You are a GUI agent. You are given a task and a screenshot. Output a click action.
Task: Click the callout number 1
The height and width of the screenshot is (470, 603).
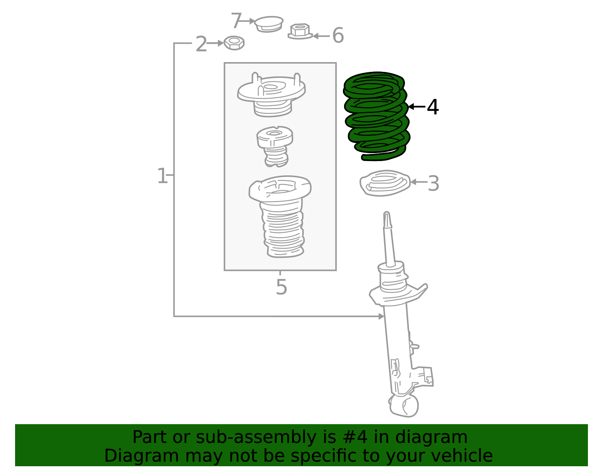[x=162, y=176]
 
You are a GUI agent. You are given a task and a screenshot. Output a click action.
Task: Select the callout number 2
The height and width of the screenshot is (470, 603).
[x=201, y=44]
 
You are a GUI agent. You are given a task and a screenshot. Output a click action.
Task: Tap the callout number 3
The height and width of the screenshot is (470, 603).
[x=433, y=184]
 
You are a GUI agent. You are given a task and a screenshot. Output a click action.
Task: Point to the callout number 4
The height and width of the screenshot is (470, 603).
[x=433, y=107]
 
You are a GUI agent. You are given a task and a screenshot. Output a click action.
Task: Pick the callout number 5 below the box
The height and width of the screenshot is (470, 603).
[x=281, y=287]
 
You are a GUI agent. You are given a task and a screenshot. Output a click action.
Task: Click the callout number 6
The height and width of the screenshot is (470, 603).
[x=338, y=36]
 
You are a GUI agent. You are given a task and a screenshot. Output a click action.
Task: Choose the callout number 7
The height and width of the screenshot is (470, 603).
[x=236, y=20]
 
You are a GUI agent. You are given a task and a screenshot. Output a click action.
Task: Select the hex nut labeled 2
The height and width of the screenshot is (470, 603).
[x=234, y=43]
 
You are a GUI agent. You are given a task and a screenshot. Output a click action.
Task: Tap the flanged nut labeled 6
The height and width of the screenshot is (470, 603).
[x=300, y=31]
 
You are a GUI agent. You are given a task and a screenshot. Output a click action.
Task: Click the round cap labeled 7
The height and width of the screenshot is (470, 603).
[x=268, y=24]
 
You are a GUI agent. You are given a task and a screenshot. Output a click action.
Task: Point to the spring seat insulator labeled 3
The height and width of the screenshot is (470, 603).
[x=384, y=183]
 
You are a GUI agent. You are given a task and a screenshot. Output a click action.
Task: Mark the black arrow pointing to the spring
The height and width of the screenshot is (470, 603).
[x=416, y=107]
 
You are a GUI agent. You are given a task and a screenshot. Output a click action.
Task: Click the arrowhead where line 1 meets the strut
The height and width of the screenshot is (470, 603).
[x=381, y=316]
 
